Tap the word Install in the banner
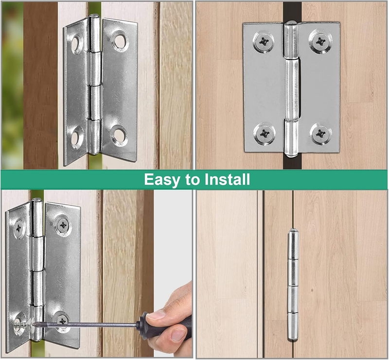coord(227,179)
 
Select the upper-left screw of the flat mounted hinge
coord(264,42)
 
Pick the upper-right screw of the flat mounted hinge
coord(320,41)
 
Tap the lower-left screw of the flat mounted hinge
coord(265,134)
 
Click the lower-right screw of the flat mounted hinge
coord(321,134)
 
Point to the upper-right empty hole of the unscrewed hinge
coord(120,41)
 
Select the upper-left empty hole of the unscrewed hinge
coord(76,44)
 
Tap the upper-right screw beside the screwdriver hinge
coord(63,225)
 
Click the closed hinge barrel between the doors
coord(293,285)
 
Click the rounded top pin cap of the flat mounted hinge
coord(290,24)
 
